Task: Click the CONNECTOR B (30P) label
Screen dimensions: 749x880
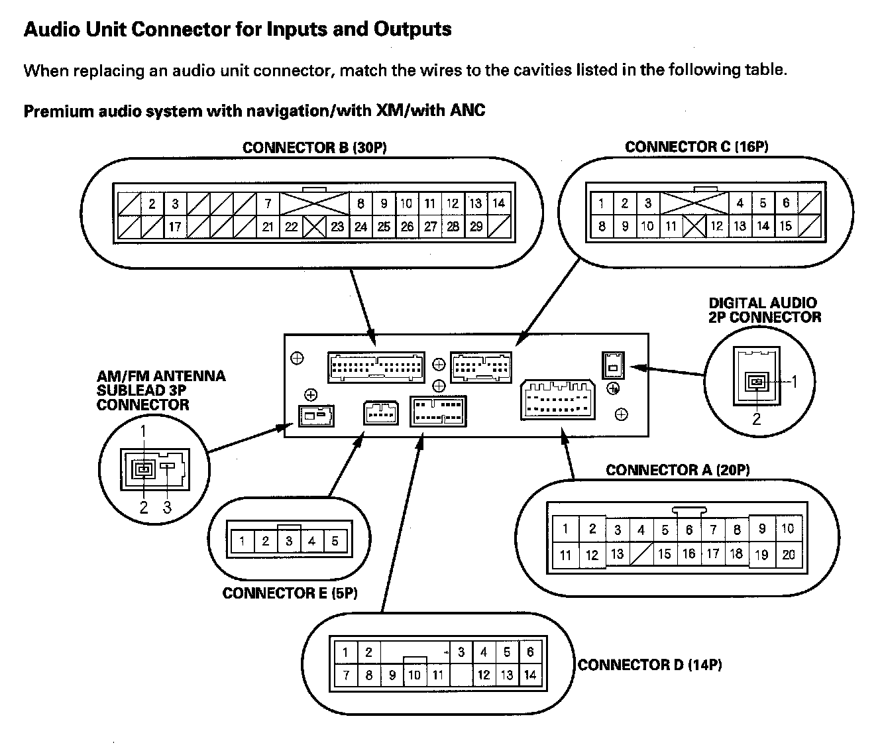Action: point(314,148)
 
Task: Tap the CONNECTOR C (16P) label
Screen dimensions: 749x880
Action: point(696,146)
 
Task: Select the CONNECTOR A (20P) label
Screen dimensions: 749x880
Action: point(677,470)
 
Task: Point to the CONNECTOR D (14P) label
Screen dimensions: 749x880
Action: point(649,664)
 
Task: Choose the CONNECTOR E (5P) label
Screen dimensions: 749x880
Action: point(290,593)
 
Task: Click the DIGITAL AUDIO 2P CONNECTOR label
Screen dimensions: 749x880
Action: point(764,310)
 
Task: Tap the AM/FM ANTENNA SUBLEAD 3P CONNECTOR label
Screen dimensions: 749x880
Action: point(160,390)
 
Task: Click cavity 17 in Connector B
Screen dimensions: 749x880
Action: point(175,227)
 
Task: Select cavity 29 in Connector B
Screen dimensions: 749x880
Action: point(476,227)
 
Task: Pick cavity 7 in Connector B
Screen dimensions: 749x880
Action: point(268,203)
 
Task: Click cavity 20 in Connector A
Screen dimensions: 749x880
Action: point(788,555)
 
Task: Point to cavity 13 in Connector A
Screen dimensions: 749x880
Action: point(617,554)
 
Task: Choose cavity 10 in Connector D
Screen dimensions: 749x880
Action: point(414,675)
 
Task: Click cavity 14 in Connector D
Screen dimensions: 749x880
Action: point(529,675)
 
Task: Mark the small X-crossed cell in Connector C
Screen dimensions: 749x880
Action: point(694,227)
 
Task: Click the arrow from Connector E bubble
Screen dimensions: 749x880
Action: point(345,463)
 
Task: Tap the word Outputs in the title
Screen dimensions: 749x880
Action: point(412,30)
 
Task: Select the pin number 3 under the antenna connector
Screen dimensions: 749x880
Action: point(167,507)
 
